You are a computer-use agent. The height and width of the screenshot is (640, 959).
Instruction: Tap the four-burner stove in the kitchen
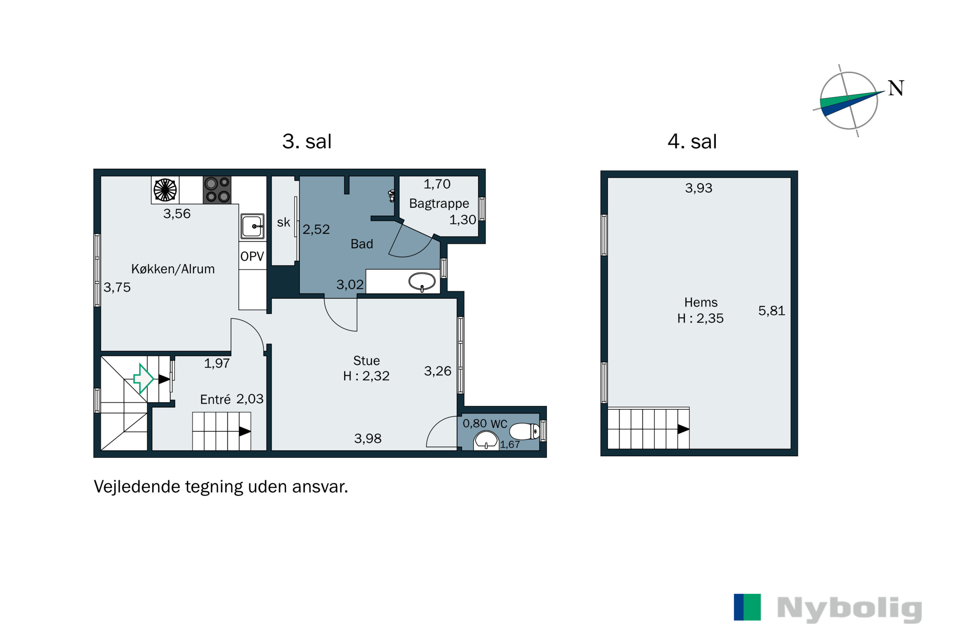[x=217, y=190]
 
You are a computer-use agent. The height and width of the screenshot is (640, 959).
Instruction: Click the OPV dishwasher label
[x=252, y=256]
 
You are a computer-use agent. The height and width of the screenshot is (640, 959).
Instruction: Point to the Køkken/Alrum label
[x=173, y=269]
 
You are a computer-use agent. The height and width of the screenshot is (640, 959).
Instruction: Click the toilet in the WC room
[x=525, y=431]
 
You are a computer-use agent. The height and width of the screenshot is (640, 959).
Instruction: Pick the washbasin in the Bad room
[x=422, y=282]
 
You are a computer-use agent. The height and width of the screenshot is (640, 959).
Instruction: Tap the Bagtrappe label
[x=439, y=204]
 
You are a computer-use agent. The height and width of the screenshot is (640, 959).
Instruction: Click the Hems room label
[x=701, y=302]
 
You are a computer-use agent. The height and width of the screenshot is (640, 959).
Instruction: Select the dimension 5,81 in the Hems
[x=771, y=311]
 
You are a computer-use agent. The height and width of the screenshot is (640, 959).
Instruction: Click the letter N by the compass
[x=896, y=88]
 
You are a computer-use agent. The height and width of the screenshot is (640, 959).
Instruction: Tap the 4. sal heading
[x=692, y=142]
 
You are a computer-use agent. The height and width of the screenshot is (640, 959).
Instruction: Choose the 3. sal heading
[x=307, y=142]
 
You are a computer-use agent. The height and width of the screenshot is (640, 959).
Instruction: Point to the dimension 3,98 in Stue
[x=368, y=439]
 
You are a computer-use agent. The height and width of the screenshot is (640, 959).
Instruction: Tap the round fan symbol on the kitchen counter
[x=165, y=190]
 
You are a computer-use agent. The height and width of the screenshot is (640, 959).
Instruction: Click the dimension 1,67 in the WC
[x=510, y=444]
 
